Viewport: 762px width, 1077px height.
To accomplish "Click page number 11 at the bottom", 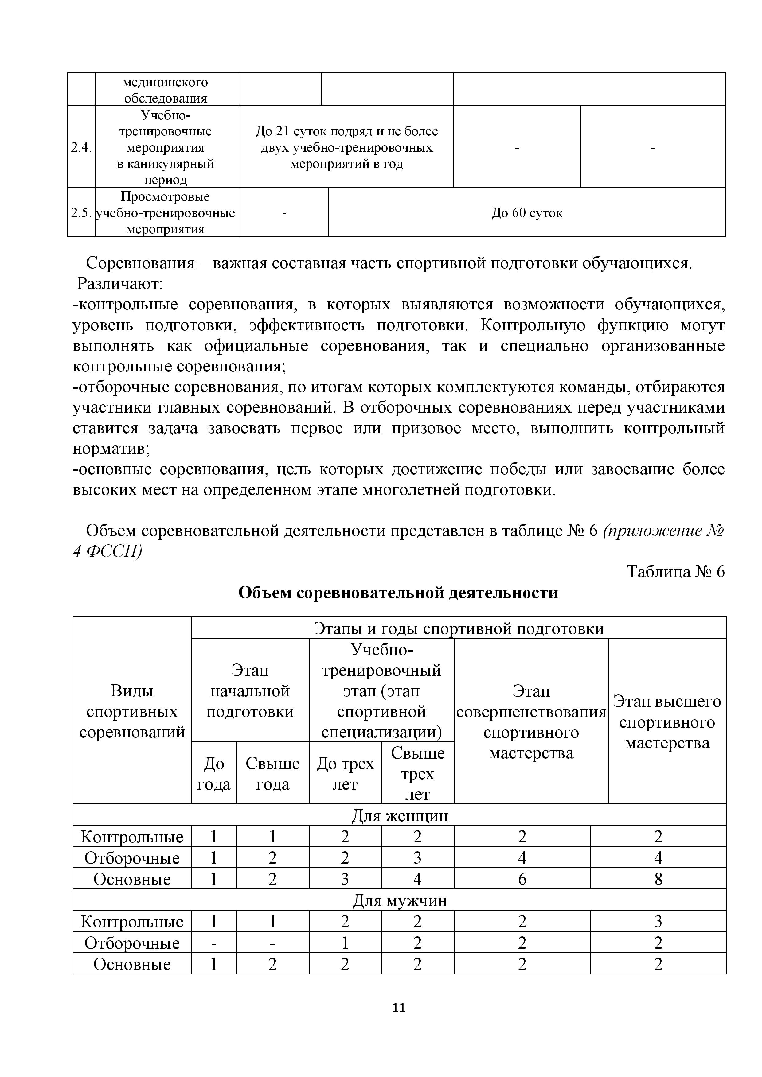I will pos(399,1007).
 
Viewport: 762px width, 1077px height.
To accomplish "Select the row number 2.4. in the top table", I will pos(81,147).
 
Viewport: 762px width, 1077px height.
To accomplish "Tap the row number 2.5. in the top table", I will pos(81,213).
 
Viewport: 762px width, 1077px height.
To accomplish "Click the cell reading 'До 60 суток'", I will pos(527,213).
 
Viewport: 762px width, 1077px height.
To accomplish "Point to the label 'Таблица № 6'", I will pos(676,572).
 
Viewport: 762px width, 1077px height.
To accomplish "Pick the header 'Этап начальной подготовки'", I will pos(250,691).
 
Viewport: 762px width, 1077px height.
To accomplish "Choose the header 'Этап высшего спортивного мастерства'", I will pos(667,722).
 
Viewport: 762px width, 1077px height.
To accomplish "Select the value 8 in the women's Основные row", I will pos(658,879).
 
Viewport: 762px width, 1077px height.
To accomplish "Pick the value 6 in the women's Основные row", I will pos(522,879).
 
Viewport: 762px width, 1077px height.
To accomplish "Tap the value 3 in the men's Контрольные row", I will pos(658,921).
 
